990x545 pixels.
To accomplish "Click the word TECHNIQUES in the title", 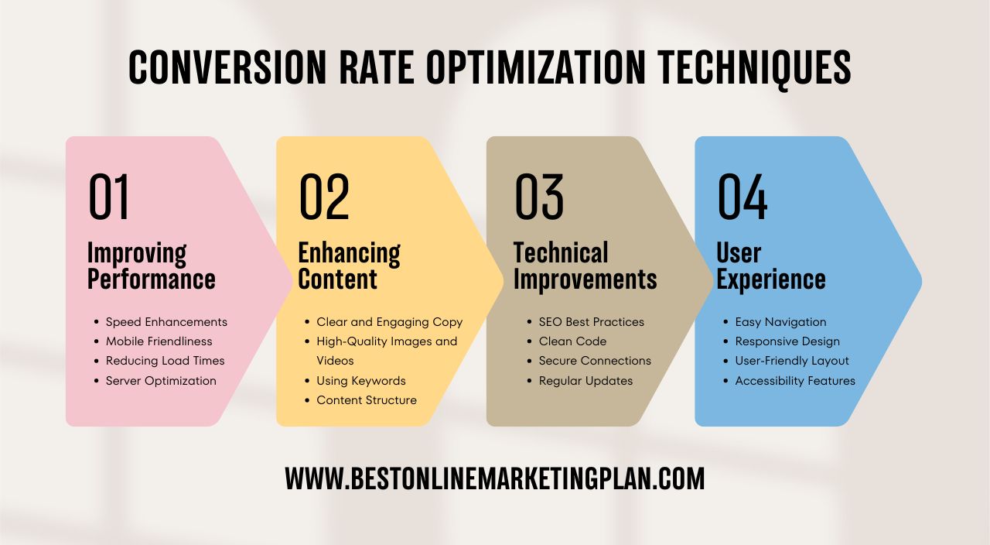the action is coord(754,67).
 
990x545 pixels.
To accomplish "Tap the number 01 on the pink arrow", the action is coord(109,197).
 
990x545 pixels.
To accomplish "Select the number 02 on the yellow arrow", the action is coord(324,197).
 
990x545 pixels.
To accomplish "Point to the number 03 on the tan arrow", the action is coord(539,197).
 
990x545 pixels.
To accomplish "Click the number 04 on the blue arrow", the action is coord(742,197).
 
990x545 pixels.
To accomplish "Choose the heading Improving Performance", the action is coord(151,266).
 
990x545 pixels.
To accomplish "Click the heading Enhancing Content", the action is coord(349,266).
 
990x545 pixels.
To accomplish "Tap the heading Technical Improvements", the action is coord(585,266).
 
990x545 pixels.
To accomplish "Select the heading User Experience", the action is coord(771,266).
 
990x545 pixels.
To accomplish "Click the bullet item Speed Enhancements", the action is coord(166,322).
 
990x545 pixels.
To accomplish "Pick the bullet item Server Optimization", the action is coord(161,381).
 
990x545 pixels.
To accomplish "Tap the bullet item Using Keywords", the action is coord(361,381).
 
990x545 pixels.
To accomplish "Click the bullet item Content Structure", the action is coord(367,400).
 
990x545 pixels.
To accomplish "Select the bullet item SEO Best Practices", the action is coord(592,322).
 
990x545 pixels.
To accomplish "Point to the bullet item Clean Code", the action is coord(572,341).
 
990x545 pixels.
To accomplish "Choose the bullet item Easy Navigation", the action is coord(780,322).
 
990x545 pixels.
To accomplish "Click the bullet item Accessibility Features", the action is coord(795,381).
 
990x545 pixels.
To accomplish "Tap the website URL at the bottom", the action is coord(495,478).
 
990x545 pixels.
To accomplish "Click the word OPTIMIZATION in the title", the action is coord(536,67).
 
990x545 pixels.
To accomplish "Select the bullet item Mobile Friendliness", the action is coord(159,341).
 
